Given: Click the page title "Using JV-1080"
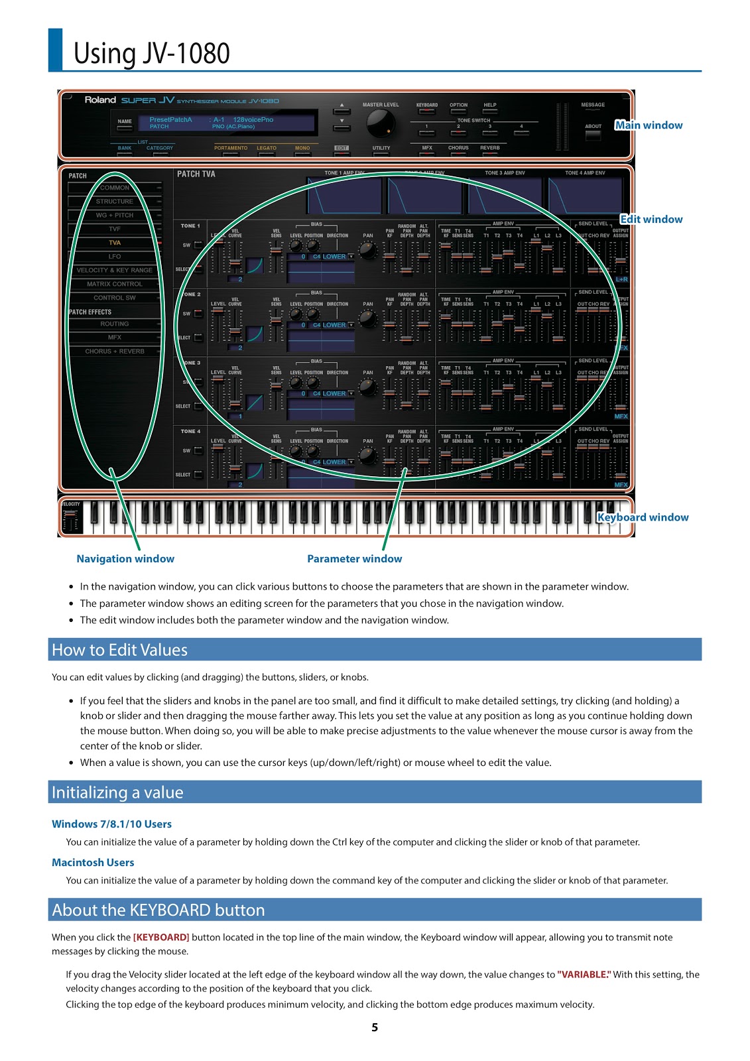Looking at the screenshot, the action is coord(151,54).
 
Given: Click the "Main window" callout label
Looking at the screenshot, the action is coord(649,125).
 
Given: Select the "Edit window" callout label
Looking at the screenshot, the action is coord(651,219).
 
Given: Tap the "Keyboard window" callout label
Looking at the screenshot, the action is coord(643,517).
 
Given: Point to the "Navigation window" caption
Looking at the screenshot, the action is coord(125,559).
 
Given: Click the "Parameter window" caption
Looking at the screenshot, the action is coord(354,559).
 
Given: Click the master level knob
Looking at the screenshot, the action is coord(381,123).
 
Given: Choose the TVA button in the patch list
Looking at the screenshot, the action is coord(115,243).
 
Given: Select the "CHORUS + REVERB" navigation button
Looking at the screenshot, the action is coord(115,351).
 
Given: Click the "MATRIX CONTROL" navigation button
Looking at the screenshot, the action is coord(115,284).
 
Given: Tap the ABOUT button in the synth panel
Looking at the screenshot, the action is coord(593,135).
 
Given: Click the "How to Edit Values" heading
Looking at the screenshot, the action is coord(120,650).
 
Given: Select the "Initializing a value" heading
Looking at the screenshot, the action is coord(117,792).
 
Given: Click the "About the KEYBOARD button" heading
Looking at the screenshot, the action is coord(158,910).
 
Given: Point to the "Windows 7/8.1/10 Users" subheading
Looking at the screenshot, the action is coord(111,824).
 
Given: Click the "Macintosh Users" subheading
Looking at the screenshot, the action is coord(93,863).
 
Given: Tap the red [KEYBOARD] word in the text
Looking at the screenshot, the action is coord(161,938).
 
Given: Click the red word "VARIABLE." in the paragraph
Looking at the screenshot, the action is coord(584,975).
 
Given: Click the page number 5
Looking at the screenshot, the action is coord(375,1027).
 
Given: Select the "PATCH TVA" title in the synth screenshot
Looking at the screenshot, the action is coord(196,174).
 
